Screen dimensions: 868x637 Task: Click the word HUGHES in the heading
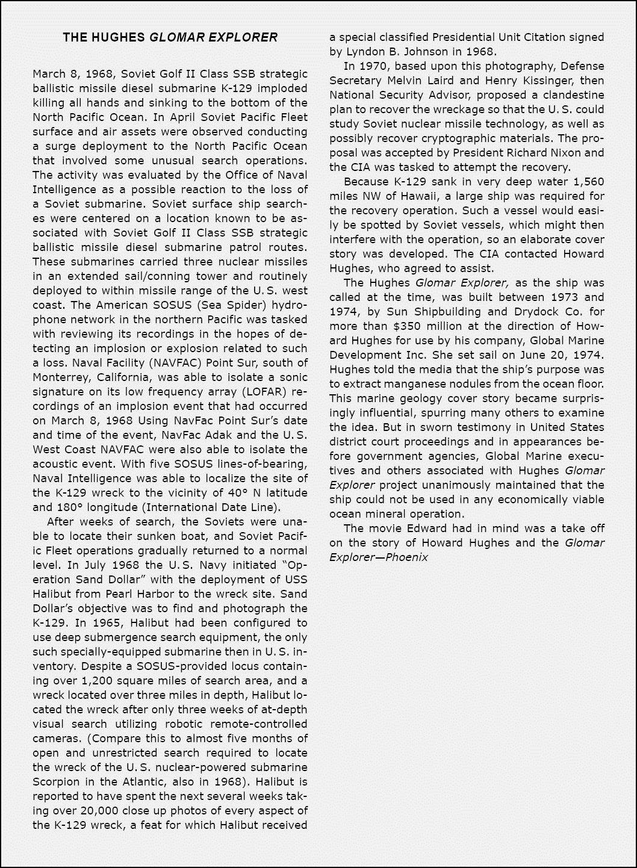117,37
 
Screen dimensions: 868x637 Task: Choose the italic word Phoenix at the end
407,557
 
